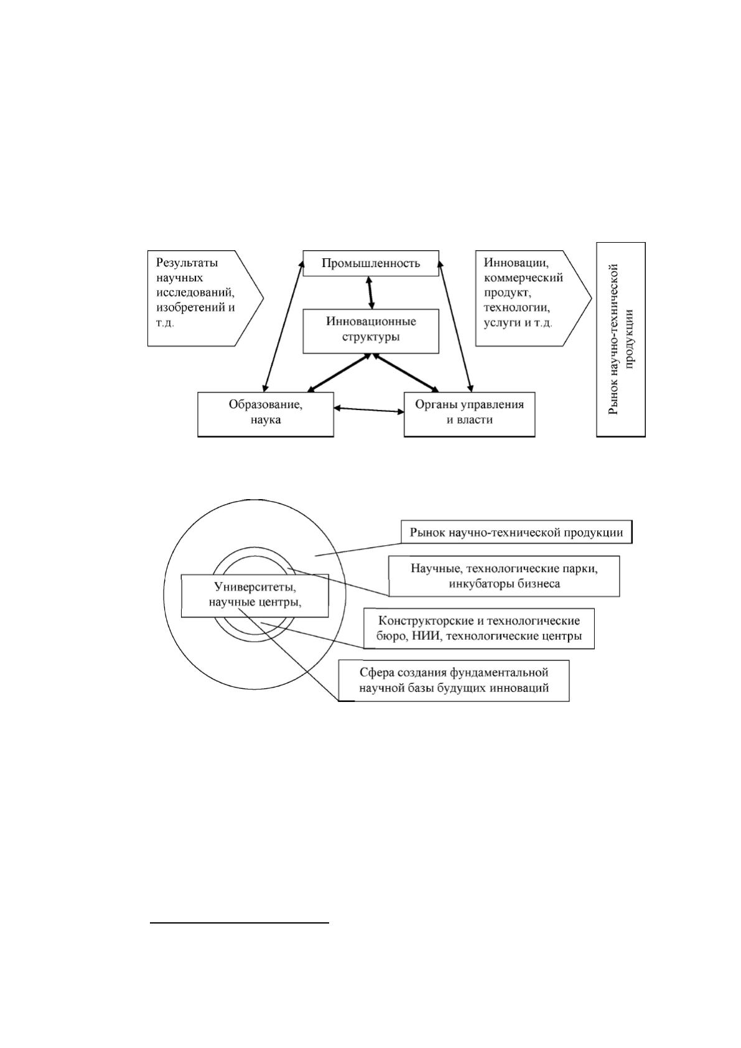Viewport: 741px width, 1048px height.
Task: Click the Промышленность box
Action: coord(371,263)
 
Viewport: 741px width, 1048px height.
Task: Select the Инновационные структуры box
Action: coord(371,331)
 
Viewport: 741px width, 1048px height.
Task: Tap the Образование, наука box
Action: coord(265,414)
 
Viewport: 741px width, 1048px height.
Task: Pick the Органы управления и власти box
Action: coord(469,414)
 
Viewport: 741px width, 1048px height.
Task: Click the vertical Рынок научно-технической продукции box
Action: coord(621,340)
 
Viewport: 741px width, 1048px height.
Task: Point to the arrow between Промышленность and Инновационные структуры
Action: coord(371,292)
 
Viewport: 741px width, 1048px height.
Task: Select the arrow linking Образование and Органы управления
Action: coord(368,410)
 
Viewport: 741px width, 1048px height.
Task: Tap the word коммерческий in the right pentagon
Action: coord(523,278)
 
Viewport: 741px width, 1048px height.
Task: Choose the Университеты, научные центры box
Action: coord(255,596)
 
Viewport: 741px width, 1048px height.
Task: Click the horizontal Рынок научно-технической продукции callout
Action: coord(516,532)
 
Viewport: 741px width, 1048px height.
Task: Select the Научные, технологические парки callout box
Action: coord(505,576)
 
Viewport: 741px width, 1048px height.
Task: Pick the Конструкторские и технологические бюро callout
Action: coord(479,629)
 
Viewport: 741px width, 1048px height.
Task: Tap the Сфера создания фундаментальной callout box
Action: coord(454,681)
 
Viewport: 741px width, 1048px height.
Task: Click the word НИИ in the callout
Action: coord(425,636)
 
